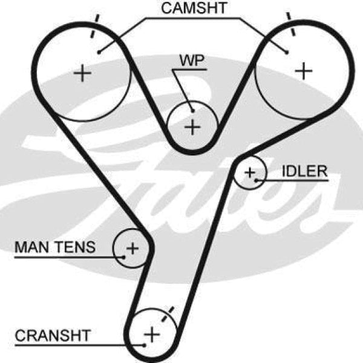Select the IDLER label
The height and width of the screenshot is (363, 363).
304,171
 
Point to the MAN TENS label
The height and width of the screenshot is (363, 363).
54,247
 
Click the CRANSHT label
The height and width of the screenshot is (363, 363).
53,335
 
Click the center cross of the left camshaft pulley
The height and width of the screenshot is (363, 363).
82,74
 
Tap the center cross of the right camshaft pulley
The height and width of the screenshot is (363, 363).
303,71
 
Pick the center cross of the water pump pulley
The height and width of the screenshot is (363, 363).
192,127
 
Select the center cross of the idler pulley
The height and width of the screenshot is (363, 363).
250,173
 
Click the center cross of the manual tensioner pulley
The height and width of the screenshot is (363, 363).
132,247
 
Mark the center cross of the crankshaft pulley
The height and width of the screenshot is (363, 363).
152,333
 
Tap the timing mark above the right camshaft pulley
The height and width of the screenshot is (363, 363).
291,24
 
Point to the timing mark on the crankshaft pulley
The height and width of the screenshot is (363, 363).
169,313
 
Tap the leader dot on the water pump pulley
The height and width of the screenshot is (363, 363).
192,110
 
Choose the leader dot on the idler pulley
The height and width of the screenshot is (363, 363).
257,179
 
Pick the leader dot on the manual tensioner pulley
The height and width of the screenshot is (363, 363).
124,256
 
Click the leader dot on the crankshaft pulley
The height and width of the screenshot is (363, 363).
144,345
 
